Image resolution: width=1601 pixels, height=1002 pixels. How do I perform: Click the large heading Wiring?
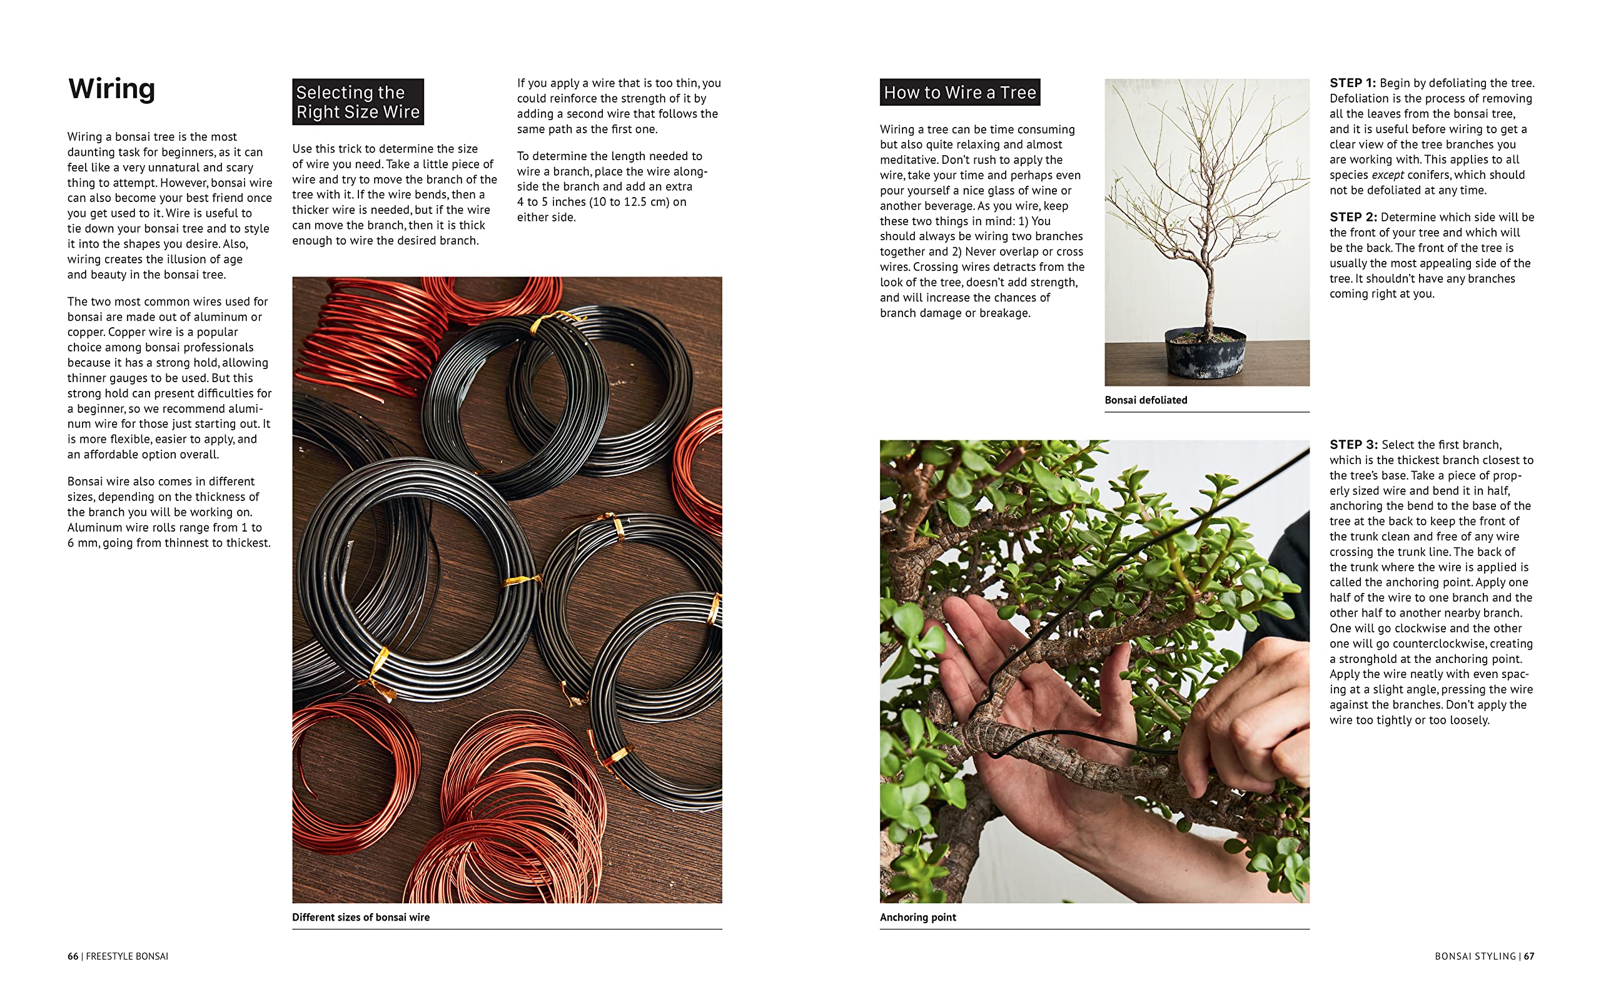pos(111,89)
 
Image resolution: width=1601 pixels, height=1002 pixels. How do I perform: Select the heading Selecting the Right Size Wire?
pos(358,102)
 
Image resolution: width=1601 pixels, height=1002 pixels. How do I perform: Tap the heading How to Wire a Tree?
pos(959,92)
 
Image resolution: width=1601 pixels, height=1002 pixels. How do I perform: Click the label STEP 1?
pos(1353,83)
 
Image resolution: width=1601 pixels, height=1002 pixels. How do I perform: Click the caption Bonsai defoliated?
pos(1146,400)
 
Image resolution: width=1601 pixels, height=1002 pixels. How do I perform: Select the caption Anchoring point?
pos(918,917)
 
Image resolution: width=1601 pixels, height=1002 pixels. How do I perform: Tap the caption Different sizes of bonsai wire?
pos(360,917)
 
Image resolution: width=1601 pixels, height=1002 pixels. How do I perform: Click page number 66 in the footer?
pos(73,956)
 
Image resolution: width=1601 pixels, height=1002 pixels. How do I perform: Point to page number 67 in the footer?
pos(1529,956)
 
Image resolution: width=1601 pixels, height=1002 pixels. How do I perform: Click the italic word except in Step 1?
pos(1388,175)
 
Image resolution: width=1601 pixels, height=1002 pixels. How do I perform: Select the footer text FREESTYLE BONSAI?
pos(127,956)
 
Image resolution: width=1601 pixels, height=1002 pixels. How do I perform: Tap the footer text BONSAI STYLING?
pos(1475,956)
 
